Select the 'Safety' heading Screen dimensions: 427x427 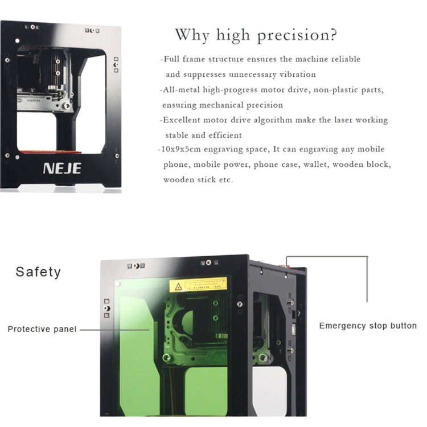pyautogui.click(x=38, y=272)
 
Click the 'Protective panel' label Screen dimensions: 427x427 pyautogui.click(x=42, y=329)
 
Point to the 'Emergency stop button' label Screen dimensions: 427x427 pyautogui.click(x=368, y=326)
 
